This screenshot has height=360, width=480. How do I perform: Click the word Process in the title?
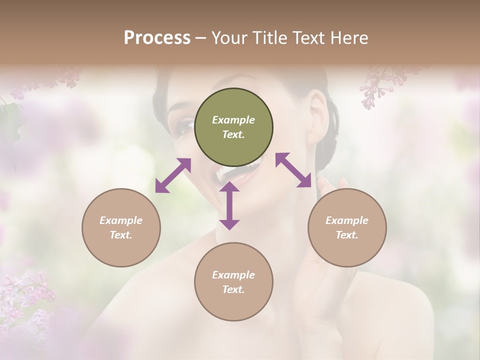(x=157, y=38)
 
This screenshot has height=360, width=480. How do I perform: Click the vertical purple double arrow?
(x=229, y=206)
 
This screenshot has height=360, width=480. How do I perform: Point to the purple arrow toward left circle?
(x=173, y=175)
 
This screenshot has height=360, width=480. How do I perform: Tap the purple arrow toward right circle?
(x=293, y=170)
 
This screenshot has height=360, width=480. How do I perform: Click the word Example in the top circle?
(x=233, y=120)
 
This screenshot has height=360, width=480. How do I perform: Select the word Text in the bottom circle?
(x=232, y=289)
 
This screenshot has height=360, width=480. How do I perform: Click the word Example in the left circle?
(x=121, y=220)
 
